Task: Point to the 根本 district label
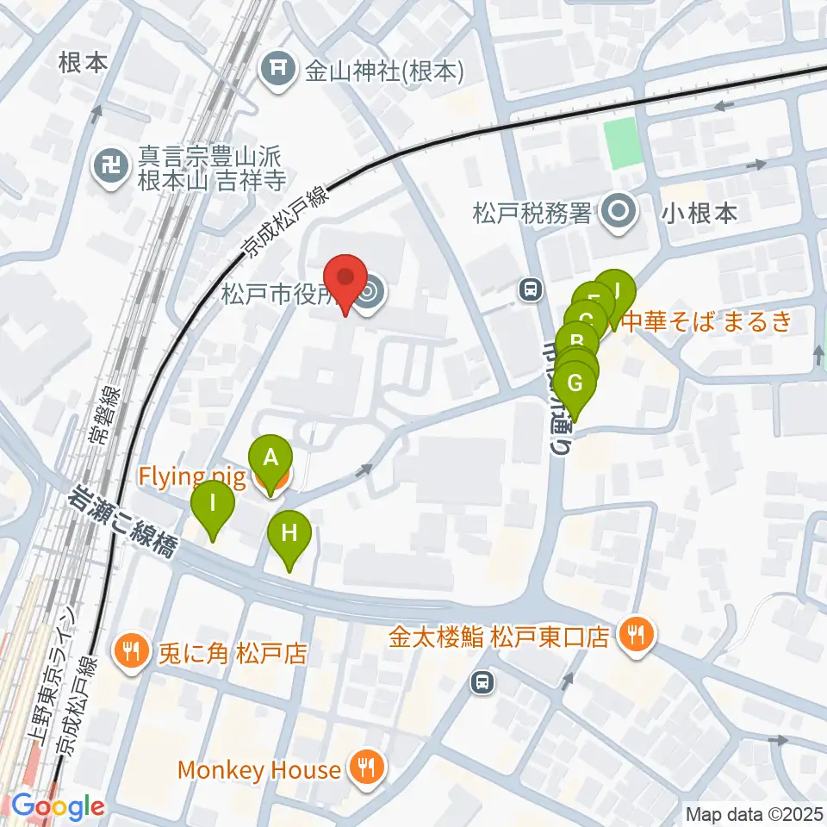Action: (83, 64)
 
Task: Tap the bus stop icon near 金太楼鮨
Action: (483, 683)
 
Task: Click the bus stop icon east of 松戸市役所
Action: (531, 291)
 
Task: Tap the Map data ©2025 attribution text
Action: (754, 813)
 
